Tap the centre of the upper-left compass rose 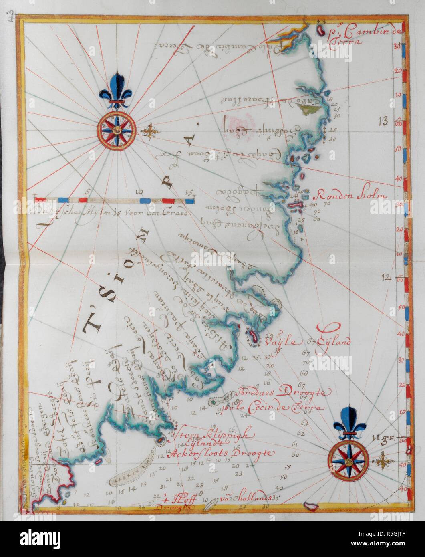click(116, 130)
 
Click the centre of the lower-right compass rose click(348, 461)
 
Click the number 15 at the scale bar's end click(188, 191)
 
